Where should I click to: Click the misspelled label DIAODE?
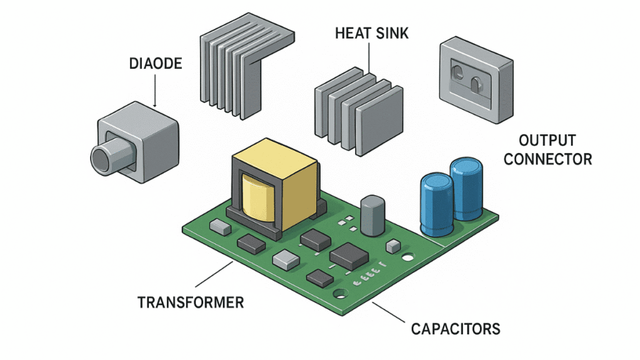pos(155,64)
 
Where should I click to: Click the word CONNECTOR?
pos(547,159)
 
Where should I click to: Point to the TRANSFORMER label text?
pos(191,303)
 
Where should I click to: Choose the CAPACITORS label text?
pos(456,328)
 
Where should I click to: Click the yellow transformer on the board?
pos(275,187)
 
